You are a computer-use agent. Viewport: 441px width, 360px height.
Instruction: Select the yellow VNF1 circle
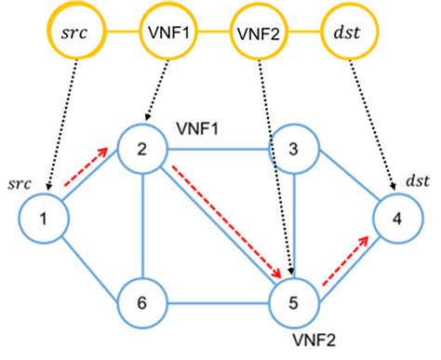pyautogui.click(x=167, y=33)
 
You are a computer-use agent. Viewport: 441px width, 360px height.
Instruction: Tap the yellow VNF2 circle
pyautogui.click(x=256, y=33)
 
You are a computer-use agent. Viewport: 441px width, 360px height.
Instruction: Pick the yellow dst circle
pyautogui.click(x=346, y=33)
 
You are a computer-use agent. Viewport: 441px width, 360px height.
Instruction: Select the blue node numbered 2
pyautogui.click(x=144, y=147)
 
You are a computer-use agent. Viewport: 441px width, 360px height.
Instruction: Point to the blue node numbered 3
pyautogui.click(x=295, y=147)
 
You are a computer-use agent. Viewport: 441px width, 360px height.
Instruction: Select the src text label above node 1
pyautogui.click(x=20, y=184)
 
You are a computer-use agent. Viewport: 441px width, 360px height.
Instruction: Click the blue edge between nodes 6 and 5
pyautogui.click(x=220, y=301)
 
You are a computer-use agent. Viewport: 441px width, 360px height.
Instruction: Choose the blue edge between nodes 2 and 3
pyautogui.click(x=220, y=147)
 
